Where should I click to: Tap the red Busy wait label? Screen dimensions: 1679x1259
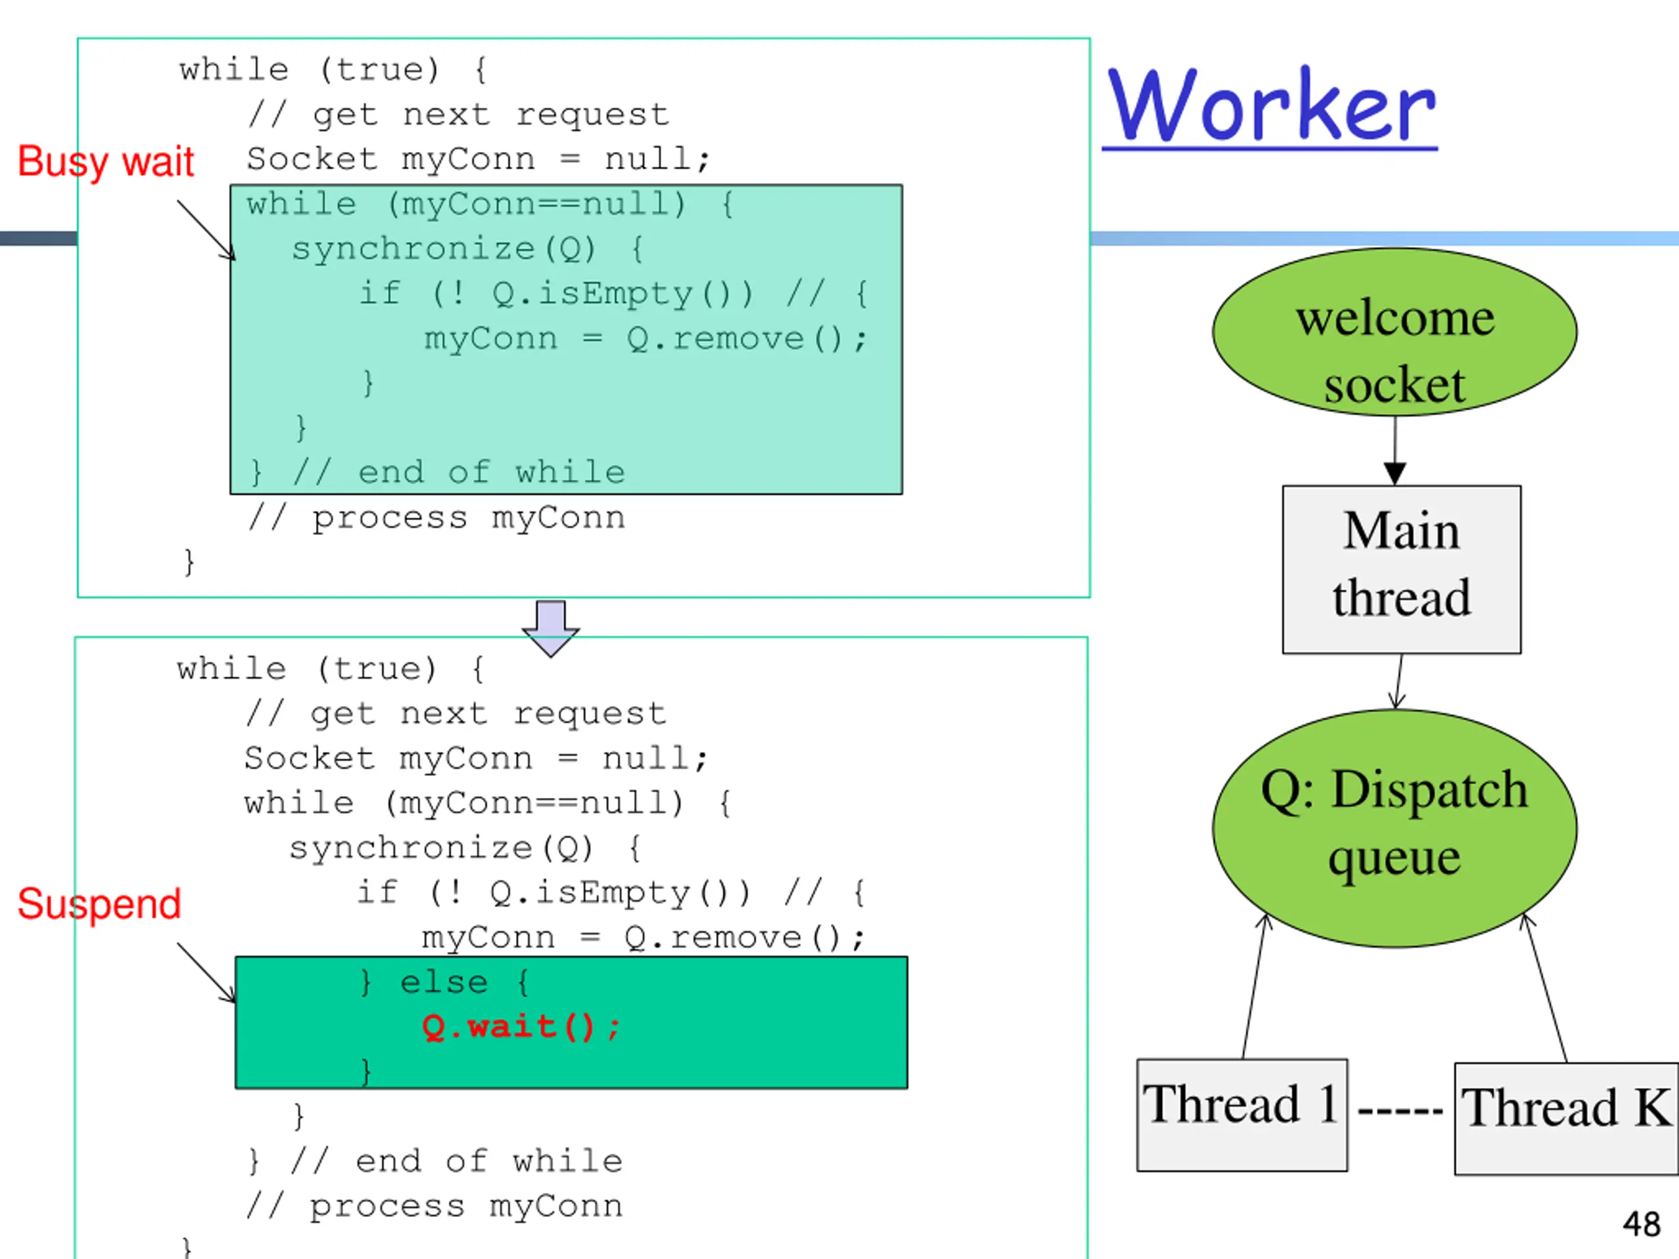(106, 162)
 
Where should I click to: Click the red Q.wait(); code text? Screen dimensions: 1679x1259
(521, 1027)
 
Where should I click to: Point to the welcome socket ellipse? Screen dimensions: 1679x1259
(1394, 332)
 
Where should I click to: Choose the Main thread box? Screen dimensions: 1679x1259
(1401, 569)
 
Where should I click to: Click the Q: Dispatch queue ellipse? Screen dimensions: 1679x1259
(1394, 828)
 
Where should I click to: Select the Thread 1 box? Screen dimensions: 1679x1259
(1242, 1115)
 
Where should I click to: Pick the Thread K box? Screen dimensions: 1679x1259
(1567, 1119)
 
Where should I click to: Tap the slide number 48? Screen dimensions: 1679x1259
(1641, 1224)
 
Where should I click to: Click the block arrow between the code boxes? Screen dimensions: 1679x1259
(550, 628)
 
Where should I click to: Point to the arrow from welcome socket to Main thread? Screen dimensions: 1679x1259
(1394, 450)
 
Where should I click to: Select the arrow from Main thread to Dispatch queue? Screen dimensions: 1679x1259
(1399, 681)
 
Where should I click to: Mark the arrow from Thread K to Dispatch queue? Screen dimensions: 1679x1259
(1545, 988)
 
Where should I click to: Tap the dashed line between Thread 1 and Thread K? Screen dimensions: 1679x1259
(1400, 1111)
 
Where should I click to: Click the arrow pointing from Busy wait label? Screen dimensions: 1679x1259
(207, 231)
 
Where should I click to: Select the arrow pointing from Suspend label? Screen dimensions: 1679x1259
(207, 973)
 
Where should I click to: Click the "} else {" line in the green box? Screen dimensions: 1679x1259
(444, 983)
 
